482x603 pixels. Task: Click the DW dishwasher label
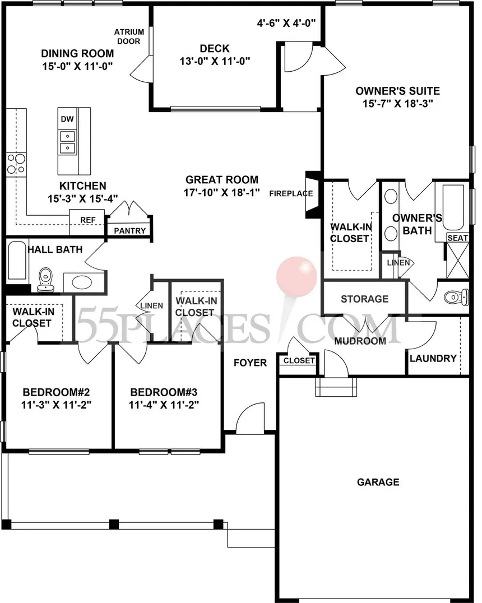click(x=67, y=119)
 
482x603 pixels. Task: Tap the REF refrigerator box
click(x=87, y=222)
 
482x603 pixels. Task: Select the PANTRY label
click(x=129, y=231)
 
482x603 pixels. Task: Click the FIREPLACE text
click(x=291, y=193)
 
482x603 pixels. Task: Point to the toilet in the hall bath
click(x=46, y=279)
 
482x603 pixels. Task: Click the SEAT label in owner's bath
click(x=457, y=238)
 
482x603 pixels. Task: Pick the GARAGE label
click(x=378, y=482)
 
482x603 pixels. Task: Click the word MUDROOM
click(x=360, y=341)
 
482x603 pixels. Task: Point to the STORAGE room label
click(x=365, y=299)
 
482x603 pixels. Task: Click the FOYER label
click(x=250, y=363)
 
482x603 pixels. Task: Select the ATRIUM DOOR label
click(x=129, y=36)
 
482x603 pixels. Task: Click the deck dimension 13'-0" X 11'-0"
click(x=215, y=61)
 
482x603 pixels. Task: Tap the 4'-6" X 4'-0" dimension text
click(x=286, y=23)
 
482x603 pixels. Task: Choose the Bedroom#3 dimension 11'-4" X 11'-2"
click(x=164, y=405)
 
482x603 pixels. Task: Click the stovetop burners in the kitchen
click(x=16, y=164)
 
